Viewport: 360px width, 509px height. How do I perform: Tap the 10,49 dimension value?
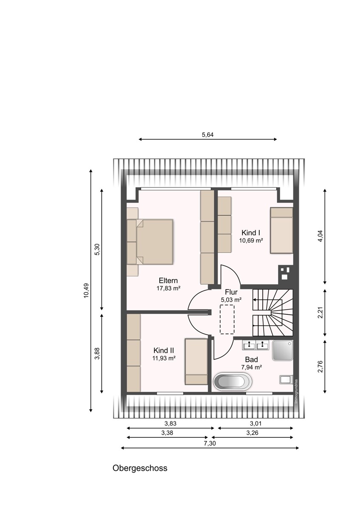(86, 291)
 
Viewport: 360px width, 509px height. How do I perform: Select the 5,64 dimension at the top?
(208, 135)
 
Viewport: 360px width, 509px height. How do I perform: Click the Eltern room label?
(168, 280)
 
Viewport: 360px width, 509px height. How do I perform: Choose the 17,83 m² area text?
(168, 288)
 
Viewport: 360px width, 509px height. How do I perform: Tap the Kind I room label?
(251, 233)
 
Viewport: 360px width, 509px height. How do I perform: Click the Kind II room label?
(164, 350)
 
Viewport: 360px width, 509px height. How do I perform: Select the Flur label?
(231, 292)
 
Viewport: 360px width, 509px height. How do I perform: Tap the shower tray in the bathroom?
(283, 350)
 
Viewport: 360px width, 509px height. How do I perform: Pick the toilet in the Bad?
(286, 380)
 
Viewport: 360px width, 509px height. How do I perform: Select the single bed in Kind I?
(281, 230)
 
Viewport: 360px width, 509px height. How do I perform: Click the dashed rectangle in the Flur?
(227, 319)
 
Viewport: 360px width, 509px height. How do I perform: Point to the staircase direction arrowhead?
(254, 299)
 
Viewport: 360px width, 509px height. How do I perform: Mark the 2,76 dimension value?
(321, 366)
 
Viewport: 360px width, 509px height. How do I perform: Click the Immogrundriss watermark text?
(296, 391)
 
